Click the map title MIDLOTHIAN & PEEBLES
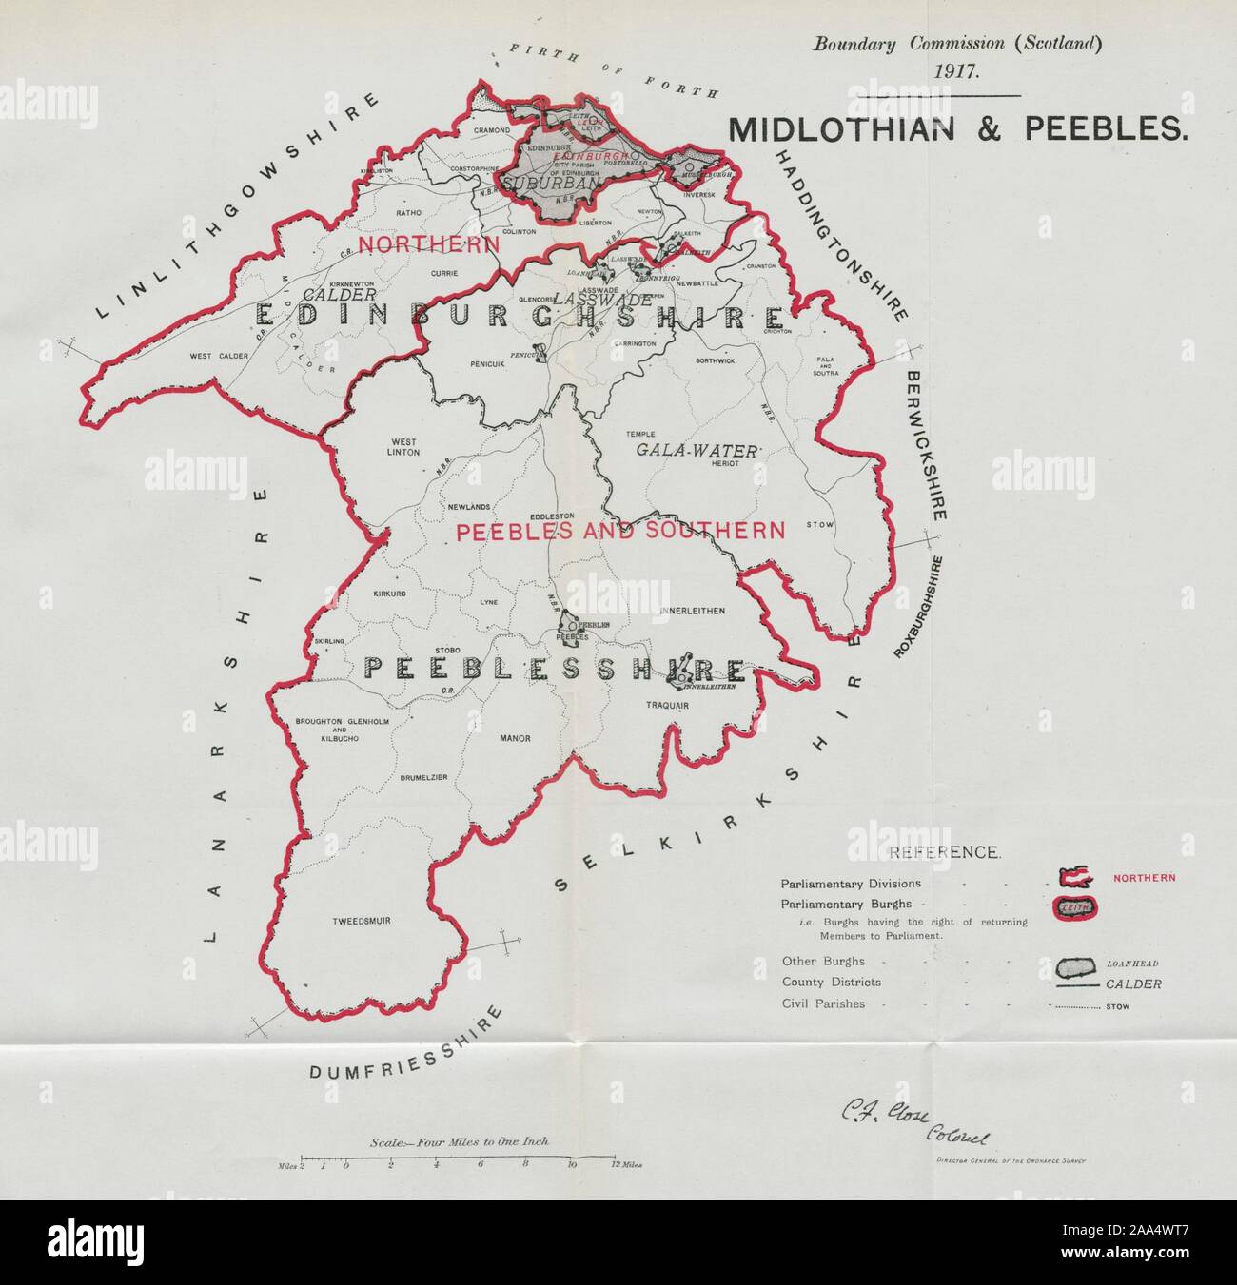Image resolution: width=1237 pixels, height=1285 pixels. coord(957,130)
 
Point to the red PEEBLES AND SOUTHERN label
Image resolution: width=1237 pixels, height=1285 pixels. coord(621,531)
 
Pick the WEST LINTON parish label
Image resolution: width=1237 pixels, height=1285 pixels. coord(403,447)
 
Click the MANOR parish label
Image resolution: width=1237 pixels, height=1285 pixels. coord(514,738)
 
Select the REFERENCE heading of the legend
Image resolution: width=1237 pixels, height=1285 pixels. coord(943,853)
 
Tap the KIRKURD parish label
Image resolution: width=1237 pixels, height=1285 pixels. coord(363,594)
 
